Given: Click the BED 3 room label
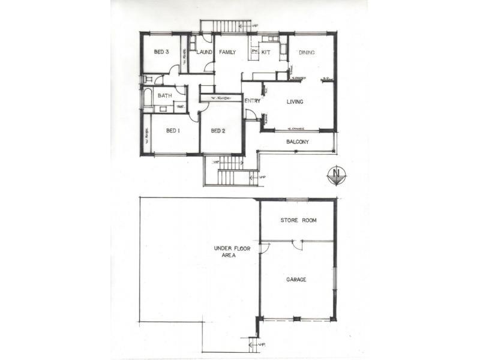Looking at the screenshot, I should (161, 52).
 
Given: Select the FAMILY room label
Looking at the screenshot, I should (226, 53).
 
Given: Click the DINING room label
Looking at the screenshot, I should (307, 53).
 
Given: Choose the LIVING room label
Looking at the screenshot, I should (295, 102).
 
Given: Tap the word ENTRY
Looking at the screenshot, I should (252, 101).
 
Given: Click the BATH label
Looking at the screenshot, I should (165, 96).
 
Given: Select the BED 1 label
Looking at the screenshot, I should (173, 131).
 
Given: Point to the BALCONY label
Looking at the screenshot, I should (296, 142).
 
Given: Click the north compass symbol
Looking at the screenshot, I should (337, 175).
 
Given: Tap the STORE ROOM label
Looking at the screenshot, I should (298, 221).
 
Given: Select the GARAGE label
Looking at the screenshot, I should (296, 280).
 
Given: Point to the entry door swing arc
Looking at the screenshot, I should (251, 115).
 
